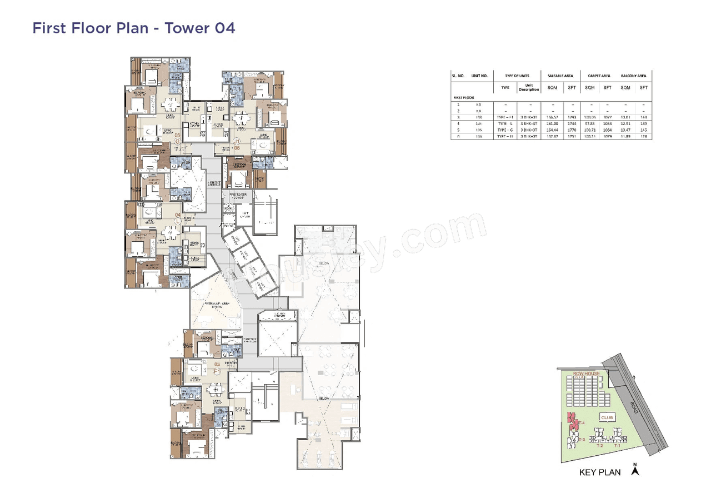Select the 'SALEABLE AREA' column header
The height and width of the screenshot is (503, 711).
tap(560, 76)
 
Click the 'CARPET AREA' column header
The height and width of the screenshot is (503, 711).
tap(599, 76)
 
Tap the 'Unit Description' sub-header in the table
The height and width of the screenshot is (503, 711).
tap(529, 88)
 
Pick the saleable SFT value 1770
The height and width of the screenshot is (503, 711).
tap(572, 130)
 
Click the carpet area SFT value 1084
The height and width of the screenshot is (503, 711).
tap(608, 130)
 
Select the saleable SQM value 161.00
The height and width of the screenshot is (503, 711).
tap(553, 124)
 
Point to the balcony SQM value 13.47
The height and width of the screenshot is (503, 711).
tap(625, 130)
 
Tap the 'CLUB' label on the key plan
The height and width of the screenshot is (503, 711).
tap(607, 417)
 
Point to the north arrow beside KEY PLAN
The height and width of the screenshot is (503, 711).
tap(635, 470)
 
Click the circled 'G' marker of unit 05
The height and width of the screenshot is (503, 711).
tap(178, 141)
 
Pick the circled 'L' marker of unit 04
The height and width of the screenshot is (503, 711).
tap(177, 221)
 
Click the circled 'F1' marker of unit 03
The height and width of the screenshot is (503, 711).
tap(217, 371)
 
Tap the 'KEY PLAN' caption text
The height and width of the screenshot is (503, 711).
tap(600, 473)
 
